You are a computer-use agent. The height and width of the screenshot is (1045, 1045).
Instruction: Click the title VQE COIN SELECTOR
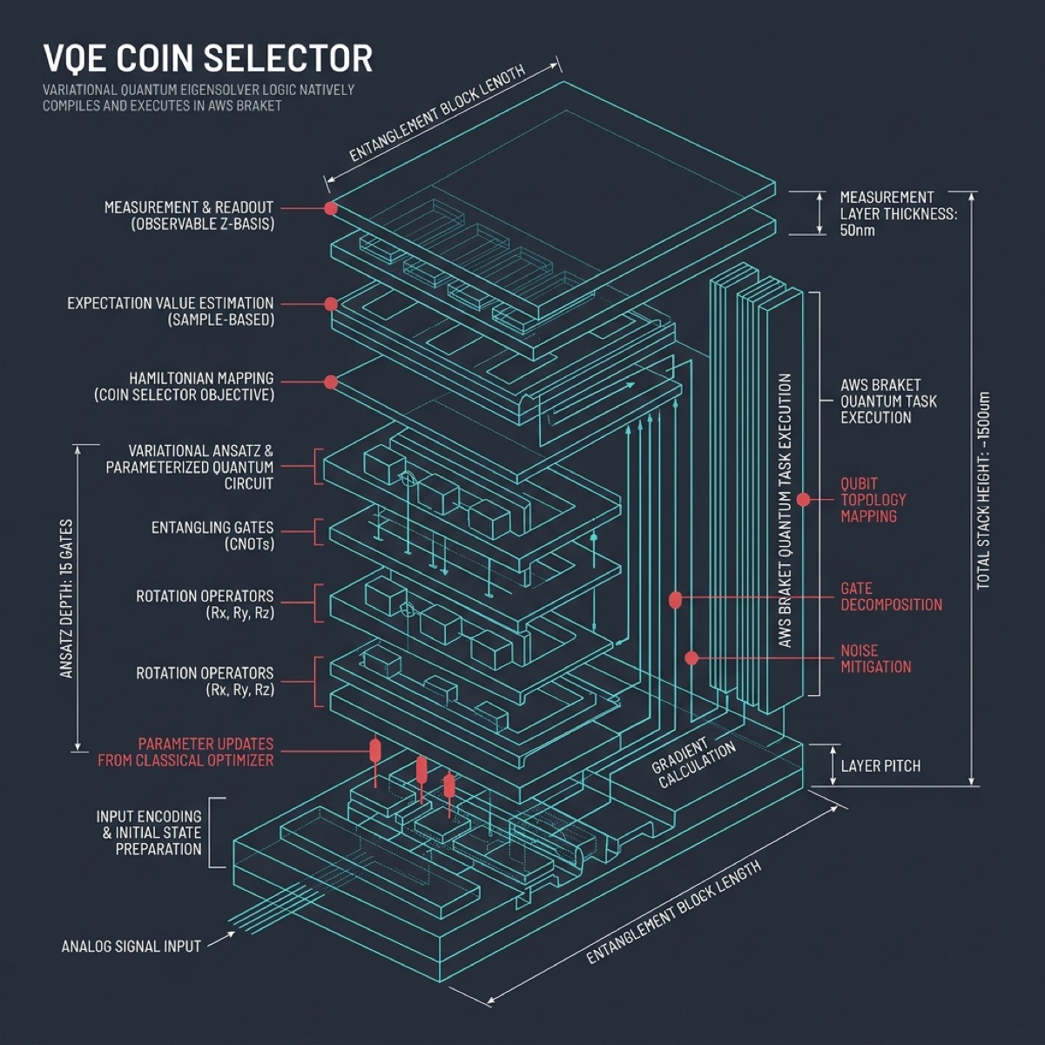point(207,58)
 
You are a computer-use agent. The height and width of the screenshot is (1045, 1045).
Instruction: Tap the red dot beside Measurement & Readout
point(331,208)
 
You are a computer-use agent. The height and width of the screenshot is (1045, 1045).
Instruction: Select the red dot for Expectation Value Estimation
point(331,304)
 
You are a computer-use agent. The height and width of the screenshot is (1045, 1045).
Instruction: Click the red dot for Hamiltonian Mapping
point(331,382)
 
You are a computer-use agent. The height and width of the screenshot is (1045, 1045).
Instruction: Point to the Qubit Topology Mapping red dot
point(804,500)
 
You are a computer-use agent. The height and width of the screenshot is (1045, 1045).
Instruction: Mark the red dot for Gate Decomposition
point(675,600)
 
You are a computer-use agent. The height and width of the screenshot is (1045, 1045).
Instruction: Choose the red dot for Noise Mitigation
point(691,658)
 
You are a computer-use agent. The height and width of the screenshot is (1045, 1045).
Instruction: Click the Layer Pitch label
point(880,766)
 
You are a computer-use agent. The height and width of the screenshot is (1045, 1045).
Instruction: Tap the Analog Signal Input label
point(131,946)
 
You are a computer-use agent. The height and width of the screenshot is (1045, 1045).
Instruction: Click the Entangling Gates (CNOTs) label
point(212,536)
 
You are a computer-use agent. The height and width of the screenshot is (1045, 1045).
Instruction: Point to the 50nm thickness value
point(857,231)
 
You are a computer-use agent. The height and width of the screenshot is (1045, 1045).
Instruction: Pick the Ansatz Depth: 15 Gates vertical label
point(67,599)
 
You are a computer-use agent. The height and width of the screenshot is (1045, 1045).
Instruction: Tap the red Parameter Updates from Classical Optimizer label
point(185,752)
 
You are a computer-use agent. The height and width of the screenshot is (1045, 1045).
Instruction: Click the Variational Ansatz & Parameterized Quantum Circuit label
point(190,468)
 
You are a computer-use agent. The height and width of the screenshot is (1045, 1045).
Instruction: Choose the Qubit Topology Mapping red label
point(873,500)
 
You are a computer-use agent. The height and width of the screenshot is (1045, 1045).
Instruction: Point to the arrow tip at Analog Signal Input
point(233,934)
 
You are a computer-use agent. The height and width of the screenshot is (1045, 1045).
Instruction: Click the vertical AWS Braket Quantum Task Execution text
point(785,510)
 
